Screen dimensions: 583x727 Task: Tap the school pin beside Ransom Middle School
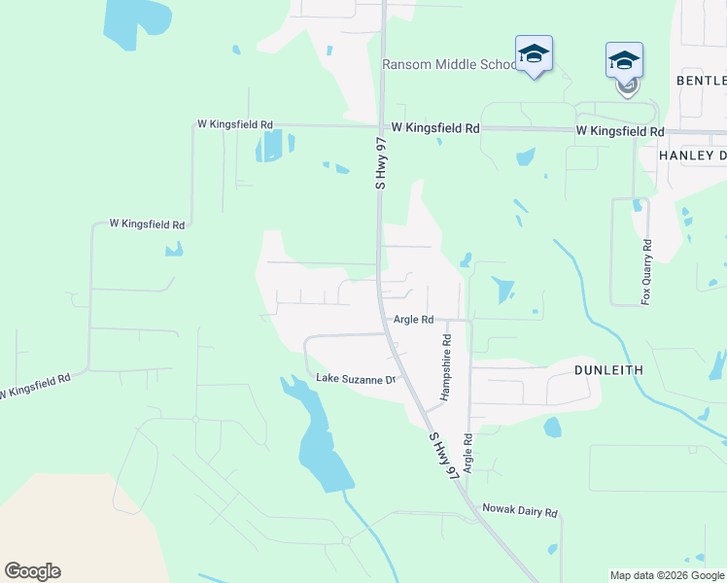click(x=534, y=53)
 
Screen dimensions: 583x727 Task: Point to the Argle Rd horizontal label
click(x=413, y=319)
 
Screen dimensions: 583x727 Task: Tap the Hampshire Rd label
click(x=446, y=368)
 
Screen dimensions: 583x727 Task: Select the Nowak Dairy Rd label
click(x=520, y=511)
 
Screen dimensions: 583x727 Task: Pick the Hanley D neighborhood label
click(x=692, y=155)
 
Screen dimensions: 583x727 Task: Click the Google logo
click(x=32, y=571)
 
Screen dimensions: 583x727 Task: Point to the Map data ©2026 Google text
click(x=666, y=574)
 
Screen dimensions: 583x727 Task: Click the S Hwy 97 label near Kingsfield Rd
click(x=381, y=159)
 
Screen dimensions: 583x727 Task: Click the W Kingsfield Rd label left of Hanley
click(x=619, y=130)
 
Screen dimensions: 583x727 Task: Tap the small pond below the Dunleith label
click(x=552, y=427)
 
